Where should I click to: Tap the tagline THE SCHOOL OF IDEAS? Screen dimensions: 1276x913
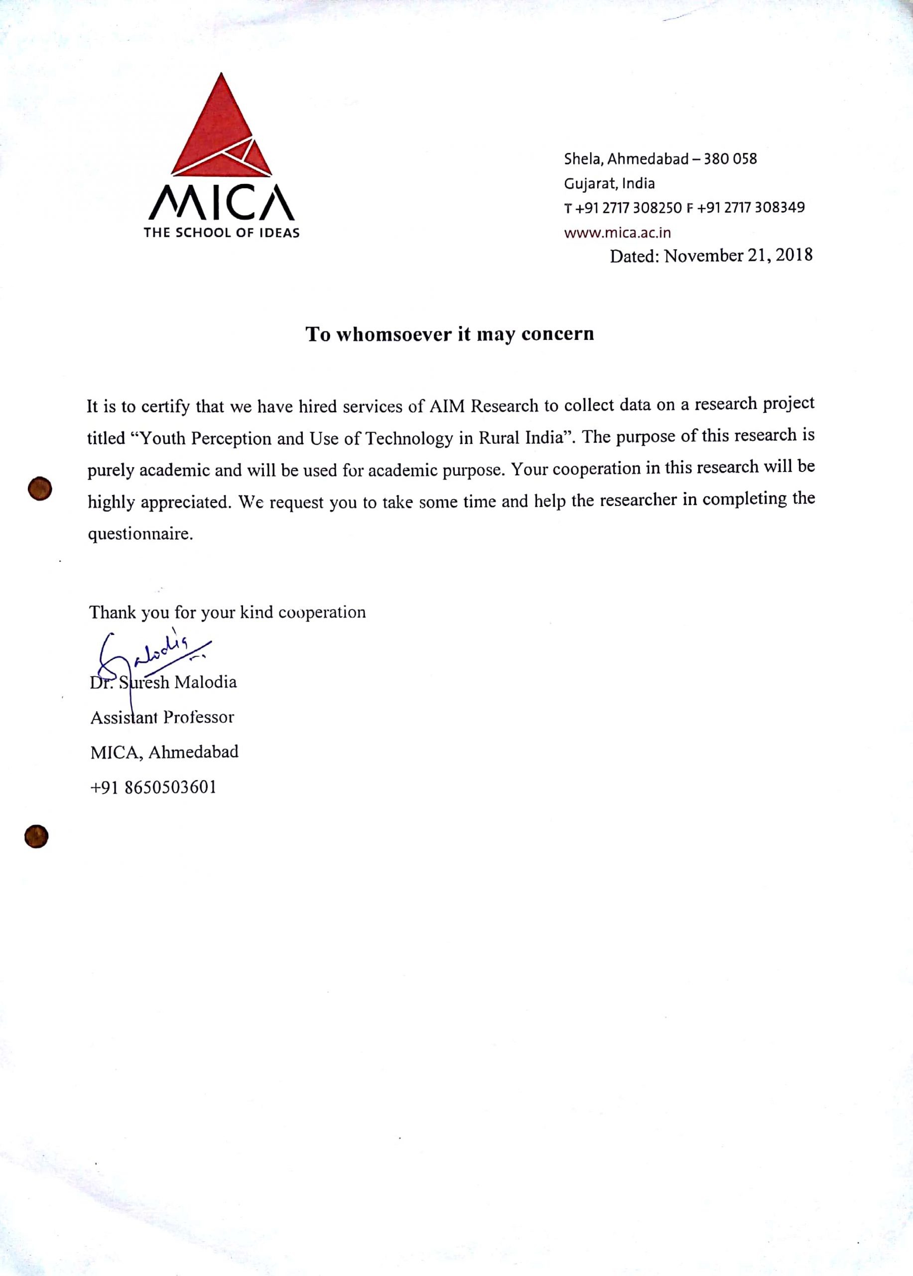[222, 232]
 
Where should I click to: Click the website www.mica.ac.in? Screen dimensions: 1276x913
[617, 232]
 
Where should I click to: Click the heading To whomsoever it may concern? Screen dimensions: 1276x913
[449, 333]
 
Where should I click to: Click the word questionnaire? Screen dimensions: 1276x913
[140, 533]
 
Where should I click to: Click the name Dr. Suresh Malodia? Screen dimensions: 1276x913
[163, 682]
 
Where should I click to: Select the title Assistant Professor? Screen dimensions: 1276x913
[162, 717]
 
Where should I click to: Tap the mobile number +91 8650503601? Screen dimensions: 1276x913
[153, 787]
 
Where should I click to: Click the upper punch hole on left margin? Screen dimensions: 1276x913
[40, 488]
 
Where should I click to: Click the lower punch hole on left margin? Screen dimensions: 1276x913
[36, 836]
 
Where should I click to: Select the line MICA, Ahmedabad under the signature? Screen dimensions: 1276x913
[164, 752]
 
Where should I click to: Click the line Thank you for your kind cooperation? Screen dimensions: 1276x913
[227, 612]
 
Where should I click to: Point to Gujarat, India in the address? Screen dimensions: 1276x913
[609, 183]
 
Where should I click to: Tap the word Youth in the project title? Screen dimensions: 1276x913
[162, 438]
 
